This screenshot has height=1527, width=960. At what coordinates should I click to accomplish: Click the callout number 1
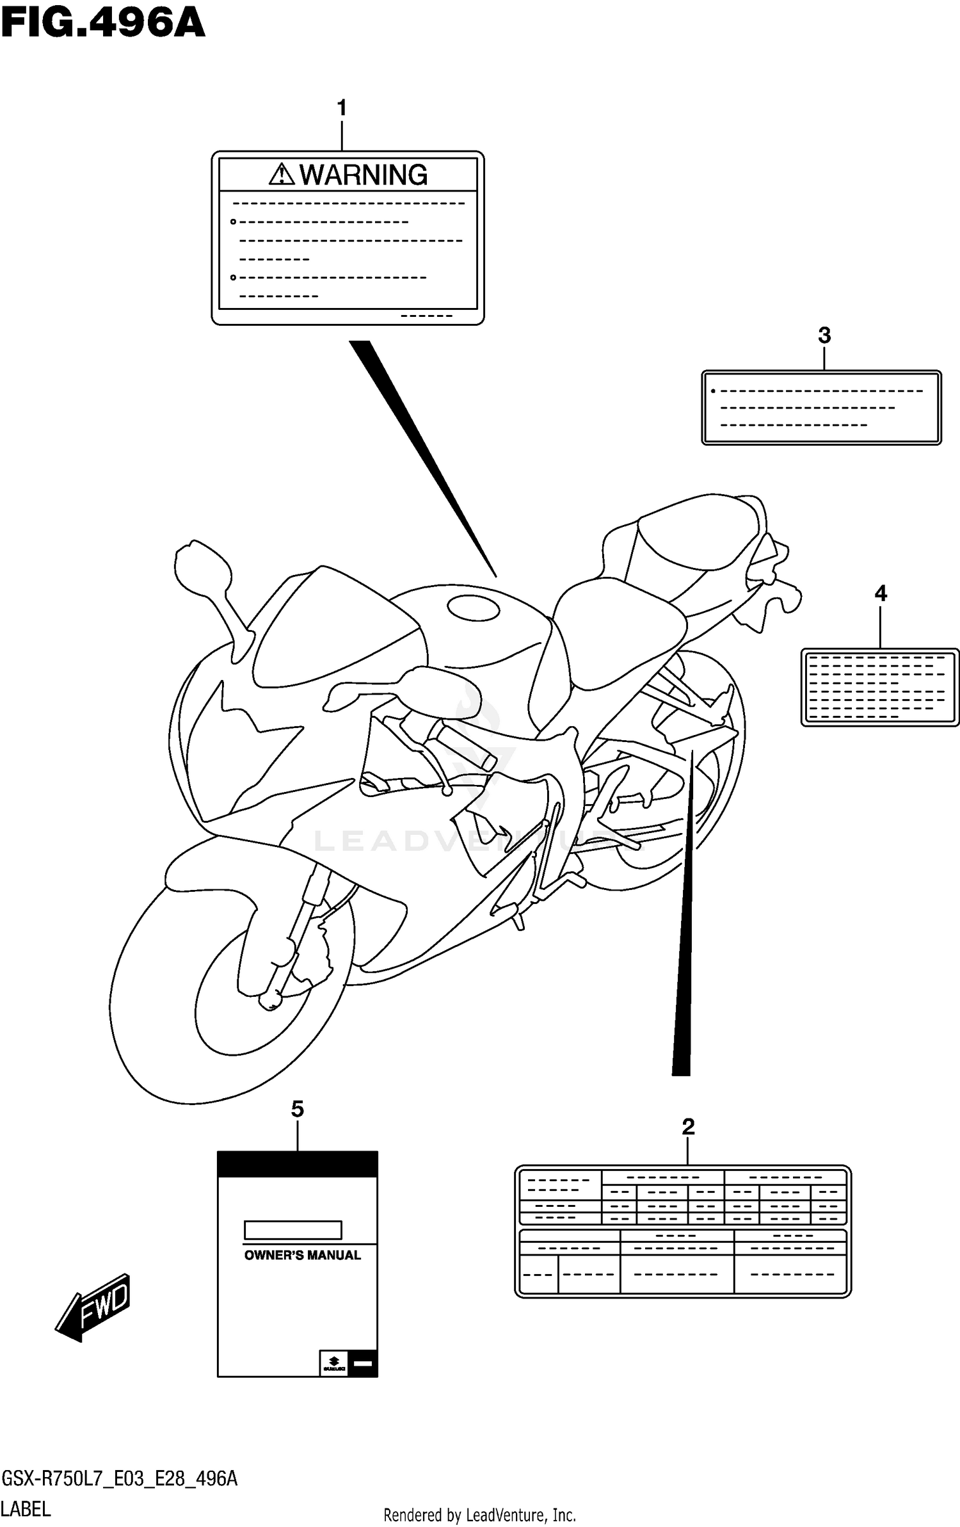[x=342, y=108]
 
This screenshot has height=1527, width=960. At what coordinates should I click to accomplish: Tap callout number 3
[x=824, y=335]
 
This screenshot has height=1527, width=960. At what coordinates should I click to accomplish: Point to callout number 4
[x=881, y=594]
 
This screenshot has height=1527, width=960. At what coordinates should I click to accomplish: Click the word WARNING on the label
[x=364, y=175]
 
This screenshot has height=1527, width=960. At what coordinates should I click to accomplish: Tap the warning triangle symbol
[x=282, y=174]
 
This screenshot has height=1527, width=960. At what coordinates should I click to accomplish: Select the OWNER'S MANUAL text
[x=302, y=1255]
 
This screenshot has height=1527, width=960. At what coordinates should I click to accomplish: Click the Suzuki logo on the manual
[x=333, y=1364]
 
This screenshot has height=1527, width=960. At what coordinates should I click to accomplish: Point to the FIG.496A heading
[x=102, y=24]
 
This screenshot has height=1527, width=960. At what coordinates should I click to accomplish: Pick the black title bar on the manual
[x=297, y=1163]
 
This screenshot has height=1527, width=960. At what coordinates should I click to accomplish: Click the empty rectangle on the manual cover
[x=292, y=1230]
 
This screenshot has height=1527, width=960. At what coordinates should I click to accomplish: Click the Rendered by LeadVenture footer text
[x=479, y=1515]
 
